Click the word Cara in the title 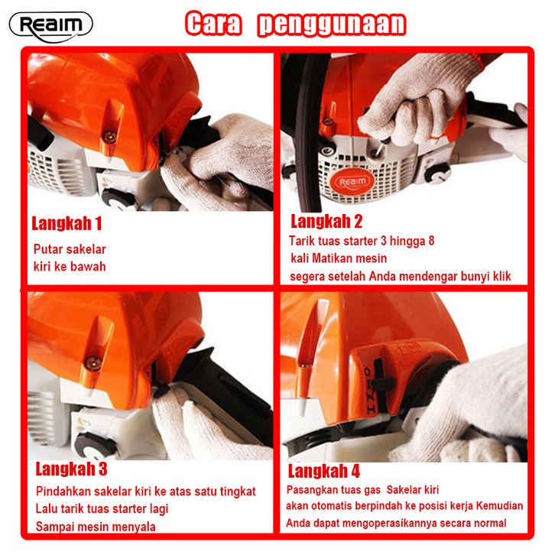tap(213, 24)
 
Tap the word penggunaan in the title tap(332, 24)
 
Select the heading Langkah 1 tap(67, 223)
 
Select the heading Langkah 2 tap(326, 221)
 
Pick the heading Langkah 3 tap(72, 469)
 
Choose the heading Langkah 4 tap(324, 471)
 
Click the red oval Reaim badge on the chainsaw tap(352, 182)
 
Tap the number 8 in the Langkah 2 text tap(431, 241)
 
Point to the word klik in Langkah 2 tap(502, 276)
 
